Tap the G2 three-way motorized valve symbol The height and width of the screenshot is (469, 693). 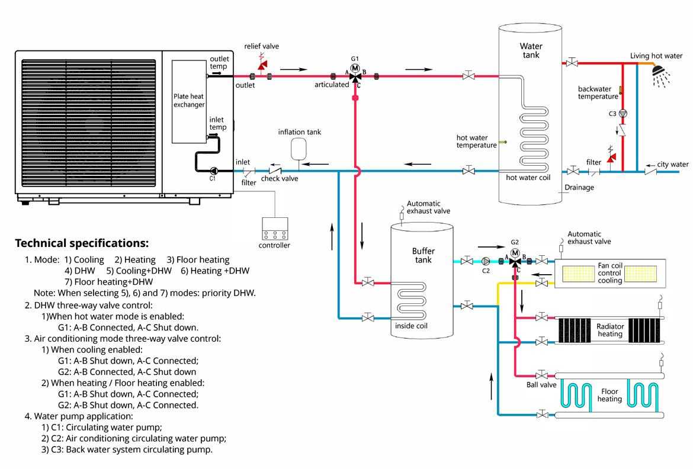point(515,258)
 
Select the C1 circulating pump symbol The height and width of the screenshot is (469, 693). point(213,171)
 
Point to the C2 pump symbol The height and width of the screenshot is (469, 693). point(486,261)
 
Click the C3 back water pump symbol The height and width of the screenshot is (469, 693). point(623,113)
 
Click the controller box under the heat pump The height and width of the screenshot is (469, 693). point(275,228)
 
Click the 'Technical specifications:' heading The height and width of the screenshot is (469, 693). point(82,243)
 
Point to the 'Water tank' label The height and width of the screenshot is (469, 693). point(530,50)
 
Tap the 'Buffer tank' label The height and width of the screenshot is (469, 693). point(422,255)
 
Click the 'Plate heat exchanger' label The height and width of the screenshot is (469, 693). point(189,100)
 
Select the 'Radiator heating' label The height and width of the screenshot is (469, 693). point(610,330)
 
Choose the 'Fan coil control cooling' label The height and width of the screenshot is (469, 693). point(609,273)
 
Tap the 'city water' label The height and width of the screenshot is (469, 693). point(673,164)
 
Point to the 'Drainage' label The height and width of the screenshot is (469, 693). point(579,187)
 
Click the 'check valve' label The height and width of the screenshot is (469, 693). point(280,178)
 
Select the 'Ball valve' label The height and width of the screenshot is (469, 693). point(541,385)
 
